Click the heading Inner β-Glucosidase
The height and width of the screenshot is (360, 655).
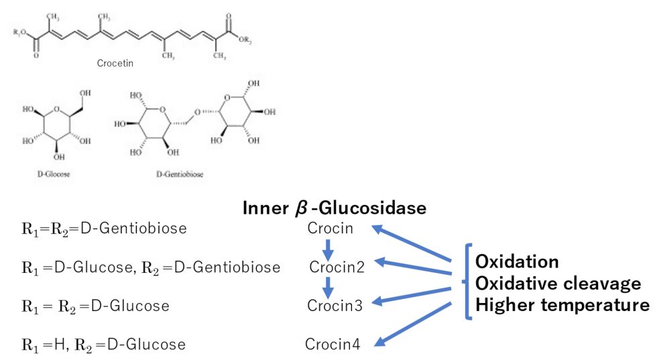tap(335, 208)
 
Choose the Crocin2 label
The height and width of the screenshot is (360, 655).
tap(337, 267)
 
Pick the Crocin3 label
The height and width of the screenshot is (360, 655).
tap(335, 306)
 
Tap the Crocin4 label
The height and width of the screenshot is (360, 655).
tap(333, 345)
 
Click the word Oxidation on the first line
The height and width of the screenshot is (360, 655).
tap(518, 261)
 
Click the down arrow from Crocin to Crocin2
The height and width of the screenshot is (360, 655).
tap(327, 249)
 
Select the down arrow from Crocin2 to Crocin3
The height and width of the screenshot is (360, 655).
tap(327, 288)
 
